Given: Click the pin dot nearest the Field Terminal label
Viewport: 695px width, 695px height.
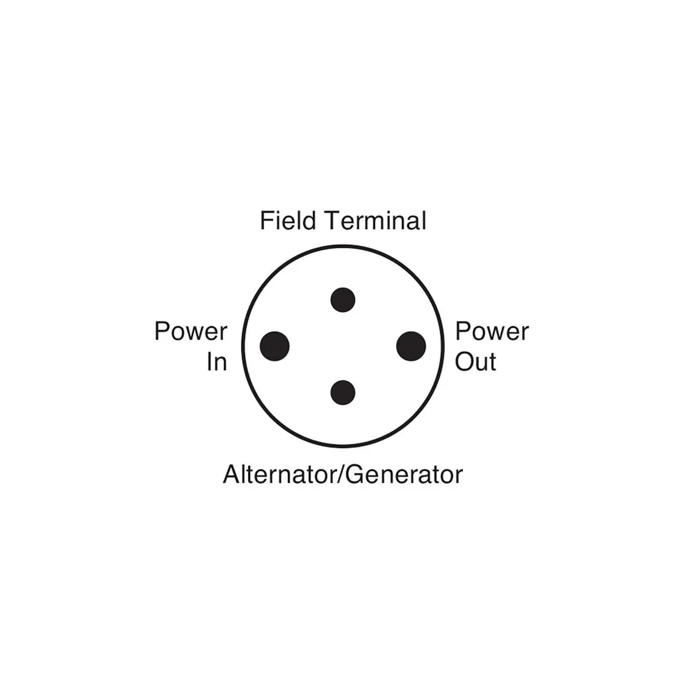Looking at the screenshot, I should click(342, 300).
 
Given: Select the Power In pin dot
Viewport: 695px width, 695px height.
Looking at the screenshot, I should click(275, 346).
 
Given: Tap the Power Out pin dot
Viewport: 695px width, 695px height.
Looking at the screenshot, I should click(411, 346).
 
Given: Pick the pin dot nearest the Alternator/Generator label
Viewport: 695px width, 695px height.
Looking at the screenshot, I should click(342, 392).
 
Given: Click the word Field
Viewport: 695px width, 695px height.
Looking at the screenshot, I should click(288, 221).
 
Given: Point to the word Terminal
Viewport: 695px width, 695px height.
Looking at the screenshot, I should click(375, 221).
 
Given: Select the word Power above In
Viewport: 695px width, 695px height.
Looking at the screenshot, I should click(191, 332).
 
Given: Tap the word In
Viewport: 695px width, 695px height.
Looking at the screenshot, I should click(217, 363).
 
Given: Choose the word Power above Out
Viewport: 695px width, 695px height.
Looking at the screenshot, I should click(492, 332).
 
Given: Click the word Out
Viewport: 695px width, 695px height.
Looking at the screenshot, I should click(475, 363).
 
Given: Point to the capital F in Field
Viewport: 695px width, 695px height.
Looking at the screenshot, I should click(266, 221).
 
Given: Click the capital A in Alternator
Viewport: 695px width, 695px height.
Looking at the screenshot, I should click(231, 474).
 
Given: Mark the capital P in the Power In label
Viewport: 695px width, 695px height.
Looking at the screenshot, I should click(162, 332).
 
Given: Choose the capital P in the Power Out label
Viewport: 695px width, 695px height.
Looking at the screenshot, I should click(462, 332).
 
